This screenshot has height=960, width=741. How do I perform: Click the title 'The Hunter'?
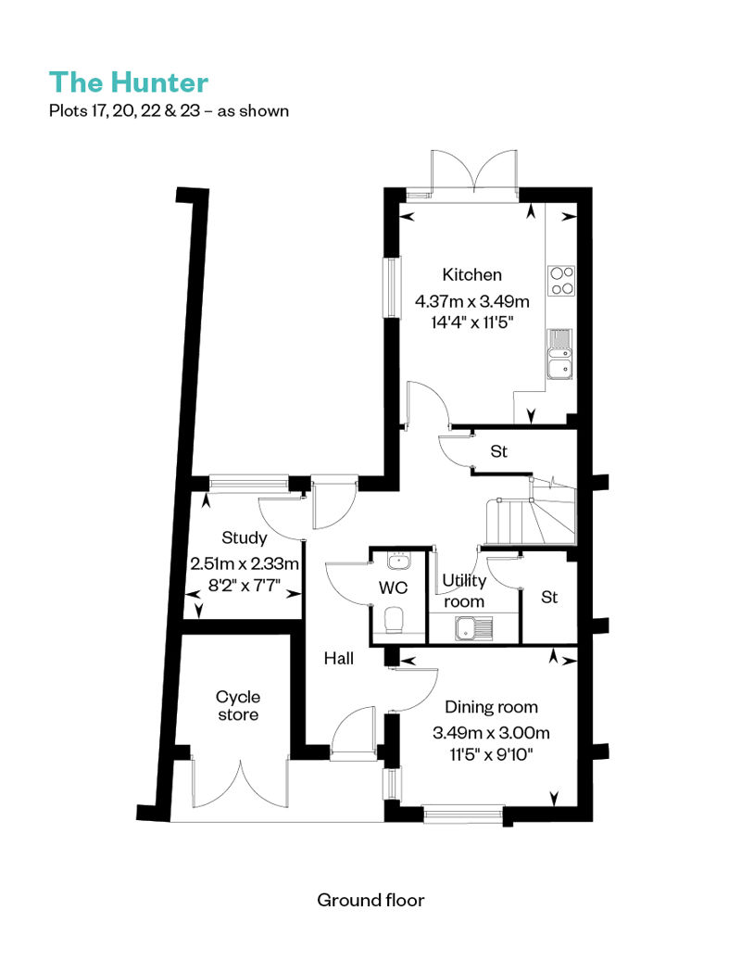129,82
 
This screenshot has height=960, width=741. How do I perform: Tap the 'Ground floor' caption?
370,900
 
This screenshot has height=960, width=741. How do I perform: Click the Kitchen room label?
471,275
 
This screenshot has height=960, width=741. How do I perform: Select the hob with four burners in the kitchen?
561,281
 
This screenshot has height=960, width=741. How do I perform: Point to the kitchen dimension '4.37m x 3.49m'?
471,302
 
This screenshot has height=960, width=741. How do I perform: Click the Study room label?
245,538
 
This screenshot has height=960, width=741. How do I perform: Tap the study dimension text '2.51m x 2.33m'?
245,563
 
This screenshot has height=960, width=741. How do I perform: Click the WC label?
393,587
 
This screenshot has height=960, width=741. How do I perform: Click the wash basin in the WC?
399,561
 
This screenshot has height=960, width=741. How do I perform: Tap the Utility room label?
464,591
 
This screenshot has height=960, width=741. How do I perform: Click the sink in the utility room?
473,628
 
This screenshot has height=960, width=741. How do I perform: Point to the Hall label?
339,659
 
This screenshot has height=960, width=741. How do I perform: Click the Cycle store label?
238,706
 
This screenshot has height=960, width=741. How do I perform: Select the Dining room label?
491,707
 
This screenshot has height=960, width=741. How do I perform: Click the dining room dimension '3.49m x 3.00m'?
491,733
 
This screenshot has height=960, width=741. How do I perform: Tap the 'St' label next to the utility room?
549,597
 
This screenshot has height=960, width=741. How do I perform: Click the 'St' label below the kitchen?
498,452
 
